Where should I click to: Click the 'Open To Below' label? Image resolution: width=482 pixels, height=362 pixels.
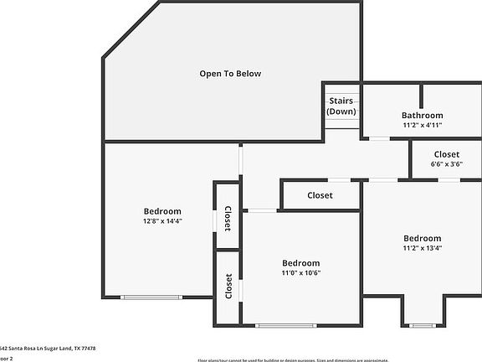[230, 74]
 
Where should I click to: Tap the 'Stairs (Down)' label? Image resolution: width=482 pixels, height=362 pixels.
[341, 106]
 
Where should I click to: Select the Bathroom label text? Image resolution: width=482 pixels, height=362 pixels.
[422, 116]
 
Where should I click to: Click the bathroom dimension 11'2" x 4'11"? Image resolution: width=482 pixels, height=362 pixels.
[422, 125]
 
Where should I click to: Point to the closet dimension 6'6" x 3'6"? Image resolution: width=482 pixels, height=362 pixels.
[446, 164]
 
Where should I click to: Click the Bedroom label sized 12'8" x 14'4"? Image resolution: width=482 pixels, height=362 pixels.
[162, 211]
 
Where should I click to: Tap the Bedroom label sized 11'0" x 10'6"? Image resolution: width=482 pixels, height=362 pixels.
[300, 263]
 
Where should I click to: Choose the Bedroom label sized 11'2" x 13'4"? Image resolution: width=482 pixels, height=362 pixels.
[422, 238]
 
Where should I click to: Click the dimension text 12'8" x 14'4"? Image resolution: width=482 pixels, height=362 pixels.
[162, 221]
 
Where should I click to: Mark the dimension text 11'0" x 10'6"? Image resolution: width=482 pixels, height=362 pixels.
[300, 273]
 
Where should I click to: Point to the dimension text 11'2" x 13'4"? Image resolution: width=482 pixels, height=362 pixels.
[422, 248]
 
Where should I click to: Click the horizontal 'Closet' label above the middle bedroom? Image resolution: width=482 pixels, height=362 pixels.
[320, 195]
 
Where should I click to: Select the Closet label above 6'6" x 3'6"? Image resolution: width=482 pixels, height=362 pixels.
[446, 154]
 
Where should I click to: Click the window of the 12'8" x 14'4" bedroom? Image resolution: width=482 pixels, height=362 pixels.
[151, 297]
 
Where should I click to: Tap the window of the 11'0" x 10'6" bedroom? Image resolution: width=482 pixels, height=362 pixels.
[285, 325]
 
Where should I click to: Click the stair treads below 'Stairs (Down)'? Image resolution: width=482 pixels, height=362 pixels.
[341, 122]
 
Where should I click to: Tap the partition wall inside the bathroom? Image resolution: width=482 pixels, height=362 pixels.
[421, 96]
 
